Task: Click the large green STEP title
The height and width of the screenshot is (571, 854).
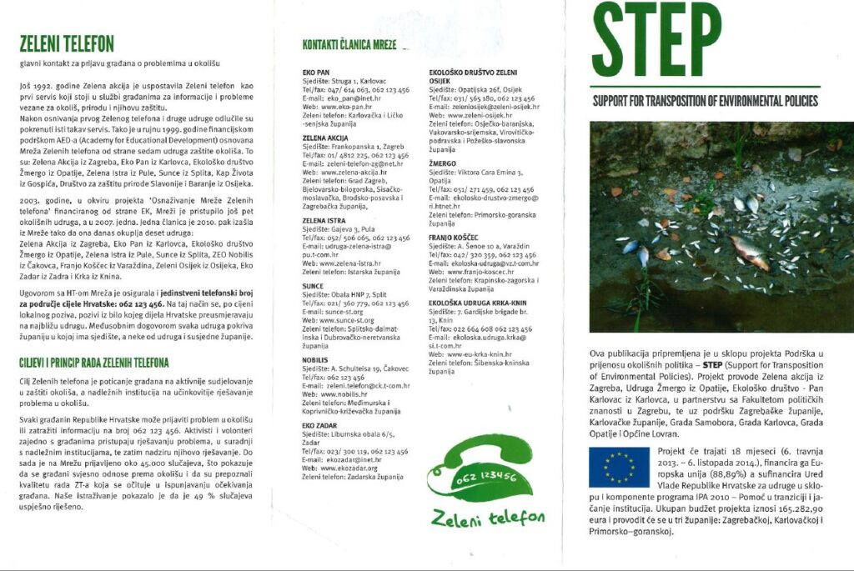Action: point(656,39)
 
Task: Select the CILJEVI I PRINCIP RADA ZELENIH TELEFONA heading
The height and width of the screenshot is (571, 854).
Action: point(93,363)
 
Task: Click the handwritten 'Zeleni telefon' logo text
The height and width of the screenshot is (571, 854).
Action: point(488,518)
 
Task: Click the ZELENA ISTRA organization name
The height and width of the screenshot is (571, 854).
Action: point(324,220)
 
